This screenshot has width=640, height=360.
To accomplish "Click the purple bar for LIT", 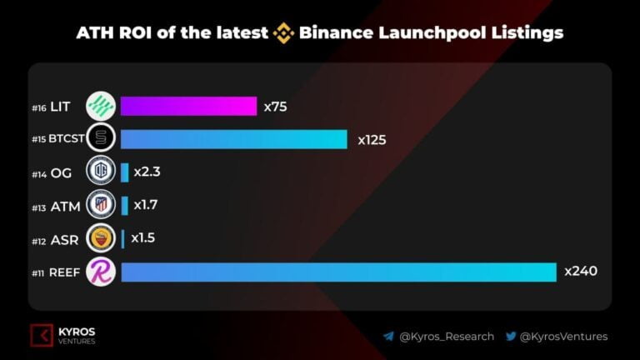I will [x=188, y=106].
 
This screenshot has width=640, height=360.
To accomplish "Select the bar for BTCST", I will [x=233, y=139].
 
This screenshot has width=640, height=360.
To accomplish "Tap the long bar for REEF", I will [x=338, y=272].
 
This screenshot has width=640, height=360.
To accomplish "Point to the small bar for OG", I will [x=125, y=172].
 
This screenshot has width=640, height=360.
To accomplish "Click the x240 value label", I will [x=581, y=271].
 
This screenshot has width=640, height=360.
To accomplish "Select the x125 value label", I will [x=372, y=139].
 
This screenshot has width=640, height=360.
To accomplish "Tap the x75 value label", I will [x=276, y=106].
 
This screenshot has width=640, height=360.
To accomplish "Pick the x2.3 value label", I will [x=147, y=172].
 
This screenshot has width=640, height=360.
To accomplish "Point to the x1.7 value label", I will [x=147, y=204].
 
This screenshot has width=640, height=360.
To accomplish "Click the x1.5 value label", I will [x=142, y=237].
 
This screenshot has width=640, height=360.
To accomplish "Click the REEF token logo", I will [x=101, y=272].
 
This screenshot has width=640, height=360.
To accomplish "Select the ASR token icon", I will [x=101, y=238].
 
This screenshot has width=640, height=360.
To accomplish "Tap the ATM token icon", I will [x=101, y=205].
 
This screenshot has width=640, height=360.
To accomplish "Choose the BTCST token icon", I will [x=101, y=139].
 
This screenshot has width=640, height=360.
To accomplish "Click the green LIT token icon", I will [x=101, y=107].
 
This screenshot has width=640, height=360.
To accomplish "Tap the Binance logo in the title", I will [x=283, y=34].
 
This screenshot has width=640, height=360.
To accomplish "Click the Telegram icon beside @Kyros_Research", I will [x=388, y=337].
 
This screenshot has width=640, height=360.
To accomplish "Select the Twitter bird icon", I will [x=511, y=337].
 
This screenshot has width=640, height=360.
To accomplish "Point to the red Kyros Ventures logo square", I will [x=42, y=335].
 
